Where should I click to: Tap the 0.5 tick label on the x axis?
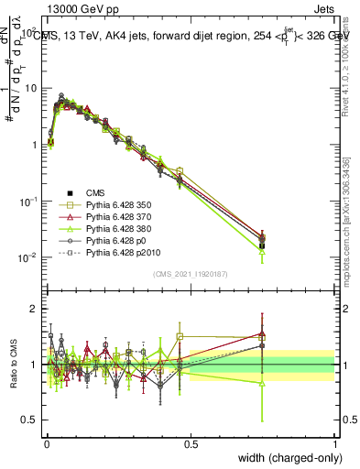(191, 444)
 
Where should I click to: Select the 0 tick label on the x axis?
(47, 444)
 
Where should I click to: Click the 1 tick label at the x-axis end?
(334, 444)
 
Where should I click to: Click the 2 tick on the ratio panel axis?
(34, 309)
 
